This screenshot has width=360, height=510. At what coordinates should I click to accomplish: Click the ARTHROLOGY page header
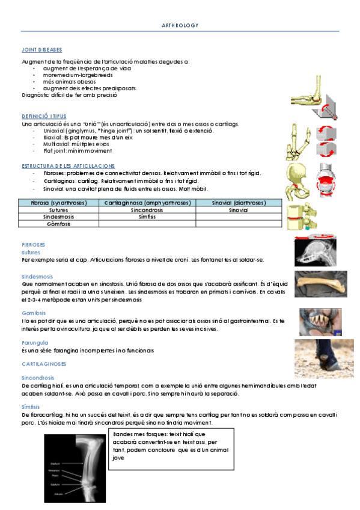point(180,25)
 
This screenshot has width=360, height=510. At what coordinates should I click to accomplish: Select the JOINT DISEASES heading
point(41,50)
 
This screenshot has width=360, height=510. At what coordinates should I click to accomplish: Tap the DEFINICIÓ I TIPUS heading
point(44,115)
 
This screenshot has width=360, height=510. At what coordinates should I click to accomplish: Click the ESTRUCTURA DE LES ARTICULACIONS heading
point(68,165)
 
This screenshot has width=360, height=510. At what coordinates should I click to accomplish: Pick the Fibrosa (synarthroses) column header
point(59,203)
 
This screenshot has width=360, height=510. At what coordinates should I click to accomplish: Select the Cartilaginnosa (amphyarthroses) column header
point(147,203)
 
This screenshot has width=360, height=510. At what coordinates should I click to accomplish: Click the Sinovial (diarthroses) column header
point(239,203)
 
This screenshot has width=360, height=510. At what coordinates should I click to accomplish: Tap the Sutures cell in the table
point(59,210)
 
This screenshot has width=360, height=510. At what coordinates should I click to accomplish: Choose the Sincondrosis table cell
point(147,210)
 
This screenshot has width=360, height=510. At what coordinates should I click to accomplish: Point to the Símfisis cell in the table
point(147,217)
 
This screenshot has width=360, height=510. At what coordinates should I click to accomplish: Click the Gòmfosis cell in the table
point(59,224)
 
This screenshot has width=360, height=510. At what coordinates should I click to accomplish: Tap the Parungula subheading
point(34,342)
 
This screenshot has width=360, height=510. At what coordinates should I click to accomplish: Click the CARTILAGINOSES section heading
point(44,364)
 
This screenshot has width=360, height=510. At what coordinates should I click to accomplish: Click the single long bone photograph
point(320,284)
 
